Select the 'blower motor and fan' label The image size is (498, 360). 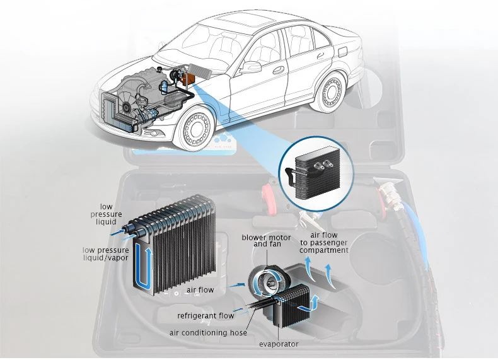coord(267,240)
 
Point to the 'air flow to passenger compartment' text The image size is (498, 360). coord(324,243)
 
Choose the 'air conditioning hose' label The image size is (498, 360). coord(208,332)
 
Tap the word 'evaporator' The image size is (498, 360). coord(279,344)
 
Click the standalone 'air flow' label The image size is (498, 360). coord(200,290)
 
